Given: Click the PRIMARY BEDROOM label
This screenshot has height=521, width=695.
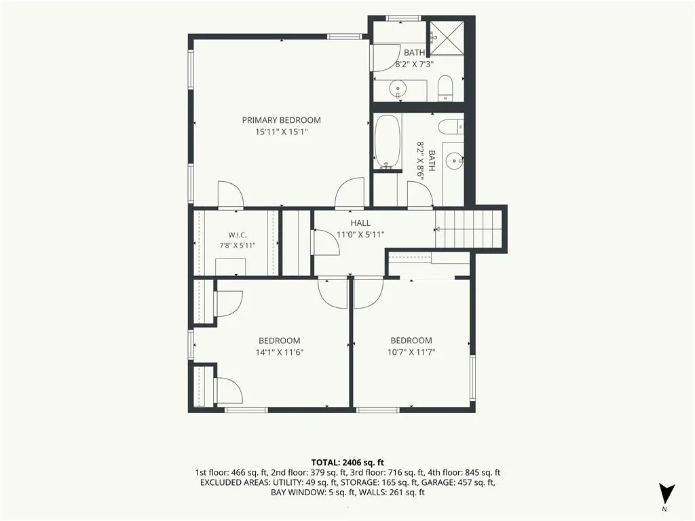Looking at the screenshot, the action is tap(281, 120).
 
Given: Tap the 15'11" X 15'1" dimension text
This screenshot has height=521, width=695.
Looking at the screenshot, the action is tap(281, 132).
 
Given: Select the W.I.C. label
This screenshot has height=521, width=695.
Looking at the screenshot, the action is tap(237, 235).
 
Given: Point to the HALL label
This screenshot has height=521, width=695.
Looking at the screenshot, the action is tap(360, 223).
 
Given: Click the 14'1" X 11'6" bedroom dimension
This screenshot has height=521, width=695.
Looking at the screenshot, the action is tap(279, 353).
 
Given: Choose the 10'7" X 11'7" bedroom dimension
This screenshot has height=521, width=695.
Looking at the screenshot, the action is tap(411, 353).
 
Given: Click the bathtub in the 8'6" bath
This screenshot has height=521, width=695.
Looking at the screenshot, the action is tap(388, 142).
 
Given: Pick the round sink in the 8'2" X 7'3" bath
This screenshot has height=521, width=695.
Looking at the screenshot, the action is tap(398, 89).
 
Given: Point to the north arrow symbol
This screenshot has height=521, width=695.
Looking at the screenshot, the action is tap(666, 495).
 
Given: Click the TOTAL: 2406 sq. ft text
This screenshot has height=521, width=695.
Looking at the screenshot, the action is tap(347, 463).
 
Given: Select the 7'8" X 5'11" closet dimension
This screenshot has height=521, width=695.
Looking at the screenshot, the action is tap(237, 246).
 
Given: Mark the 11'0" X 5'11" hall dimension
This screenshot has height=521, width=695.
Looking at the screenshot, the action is tap(360, 234).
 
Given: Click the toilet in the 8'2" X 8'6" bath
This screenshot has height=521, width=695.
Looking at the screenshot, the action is tap(451, 127).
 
